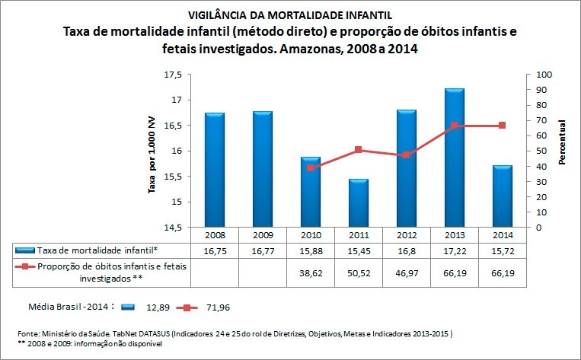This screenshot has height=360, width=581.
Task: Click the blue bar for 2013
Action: (x=454, y=158)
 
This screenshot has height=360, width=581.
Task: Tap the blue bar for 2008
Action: (x=214, y=170)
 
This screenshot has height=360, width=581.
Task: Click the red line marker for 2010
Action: (x=310, y=167)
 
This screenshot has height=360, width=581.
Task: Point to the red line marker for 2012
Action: (x=406, y=155)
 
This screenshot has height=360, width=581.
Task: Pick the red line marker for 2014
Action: (x=502, y=126)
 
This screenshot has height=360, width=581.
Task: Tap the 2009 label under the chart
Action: (x=262, y=235)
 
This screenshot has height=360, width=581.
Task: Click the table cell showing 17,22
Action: (x=454, y=250)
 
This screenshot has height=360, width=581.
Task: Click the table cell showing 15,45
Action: (x=358, y=250)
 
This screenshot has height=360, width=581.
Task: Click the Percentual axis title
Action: (x=562, y=143)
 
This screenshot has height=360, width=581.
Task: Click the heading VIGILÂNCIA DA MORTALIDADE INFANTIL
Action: (x=290, y=14)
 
